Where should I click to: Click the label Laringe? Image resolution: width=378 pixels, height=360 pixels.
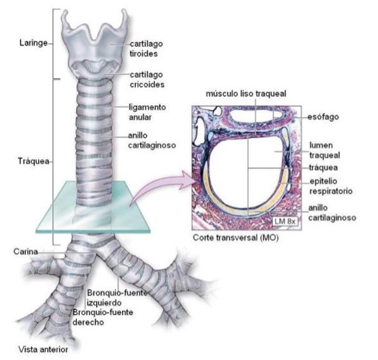(x=33, y=43)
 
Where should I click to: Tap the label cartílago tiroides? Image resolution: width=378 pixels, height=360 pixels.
(x=146, y=48)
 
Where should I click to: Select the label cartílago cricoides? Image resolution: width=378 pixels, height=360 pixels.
(x=147, y=80)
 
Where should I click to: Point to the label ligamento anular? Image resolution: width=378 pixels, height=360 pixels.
(x=147, y=112)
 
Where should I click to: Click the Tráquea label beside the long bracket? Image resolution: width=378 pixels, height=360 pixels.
(x=33, y=161)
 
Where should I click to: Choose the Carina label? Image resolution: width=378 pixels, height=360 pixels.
(x=25, y=252)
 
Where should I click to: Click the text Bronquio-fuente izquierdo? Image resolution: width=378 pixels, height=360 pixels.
(x=117, y=298)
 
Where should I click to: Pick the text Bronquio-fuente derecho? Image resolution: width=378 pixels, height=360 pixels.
(x=103, y=317)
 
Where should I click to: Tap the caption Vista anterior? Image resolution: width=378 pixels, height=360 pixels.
(x=43, y=349)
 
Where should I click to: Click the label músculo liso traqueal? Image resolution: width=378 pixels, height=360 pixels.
(x=246, y=93)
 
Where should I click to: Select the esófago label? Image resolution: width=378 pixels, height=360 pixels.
(x=323, y=117)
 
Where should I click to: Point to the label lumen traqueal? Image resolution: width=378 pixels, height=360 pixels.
(x=325, y=150)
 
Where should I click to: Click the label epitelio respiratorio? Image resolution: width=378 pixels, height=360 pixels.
(x=331, y=186)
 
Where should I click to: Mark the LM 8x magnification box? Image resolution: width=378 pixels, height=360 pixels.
(x=285, y=221)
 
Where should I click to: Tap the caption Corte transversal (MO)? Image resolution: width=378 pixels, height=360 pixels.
(x=236, y=238)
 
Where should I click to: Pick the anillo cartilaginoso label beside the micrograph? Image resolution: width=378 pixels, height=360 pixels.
(x=332, y=213)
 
